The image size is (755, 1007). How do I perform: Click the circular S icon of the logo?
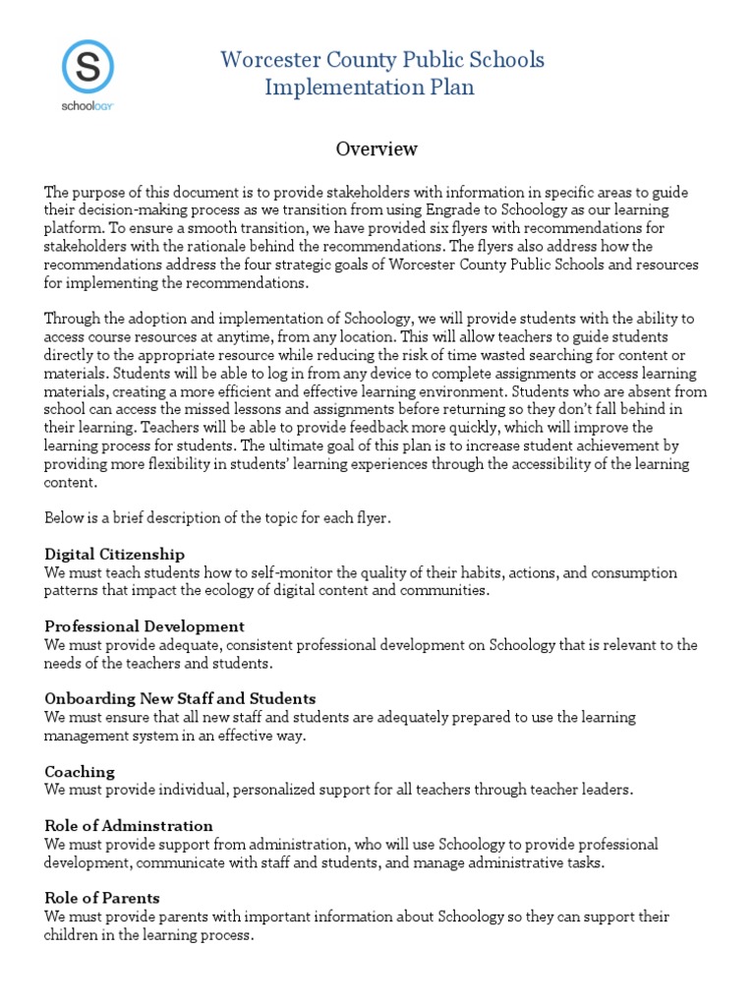pyautogui.click(x=87, y=66)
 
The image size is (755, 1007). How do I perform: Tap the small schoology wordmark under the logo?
pyautogui.click(x=87, y=103)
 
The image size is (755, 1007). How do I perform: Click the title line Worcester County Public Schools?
pyautogui.click(x=381, y=60)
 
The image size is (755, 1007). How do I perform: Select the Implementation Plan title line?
pyautogui.click(x=370, y=87)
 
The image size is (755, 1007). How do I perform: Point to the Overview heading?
pyautogui.click(x=377, y=148)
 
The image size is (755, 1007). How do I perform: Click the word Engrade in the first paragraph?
pyautogui.click(x=453, y=210)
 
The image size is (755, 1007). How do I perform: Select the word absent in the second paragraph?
pyautogui.click(x=642, y=391)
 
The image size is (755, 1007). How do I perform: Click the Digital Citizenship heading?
pyautogui.click(x=114, y=554)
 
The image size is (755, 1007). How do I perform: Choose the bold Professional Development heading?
pyautogui.click(x=145, y=626)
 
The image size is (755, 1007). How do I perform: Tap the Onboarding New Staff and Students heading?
pyautogui.click(x=180, y=698)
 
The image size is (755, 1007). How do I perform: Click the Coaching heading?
pyautogui.click(x=80, y=771)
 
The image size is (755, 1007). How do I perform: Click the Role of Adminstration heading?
pyautogui.click(x=129, y=825)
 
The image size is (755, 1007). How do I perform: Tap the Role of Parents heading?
pyautogui.click(x=102, y=898)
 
